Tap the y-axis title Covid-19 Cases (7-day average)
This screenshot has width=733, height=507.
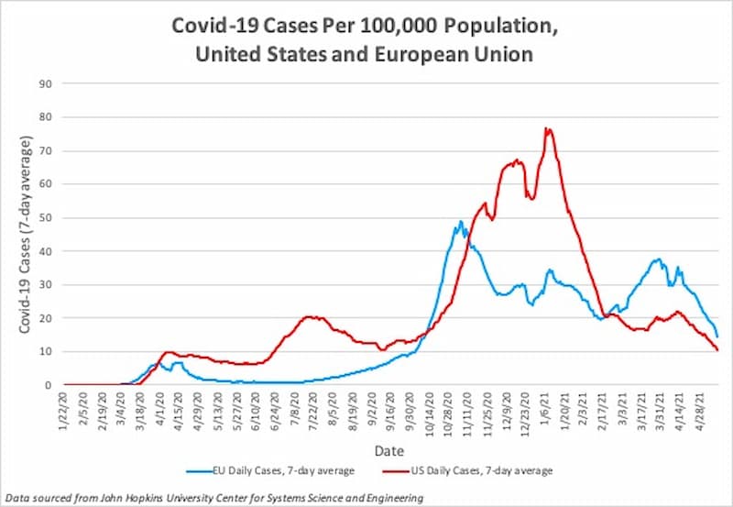pos(27,234)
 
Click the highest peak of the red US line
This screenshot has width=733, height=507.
pos(548,128)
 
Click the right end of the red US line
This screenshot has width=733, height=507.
pos(717,350)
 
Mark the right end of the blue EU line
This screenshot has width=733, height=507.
pos(717,336)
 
